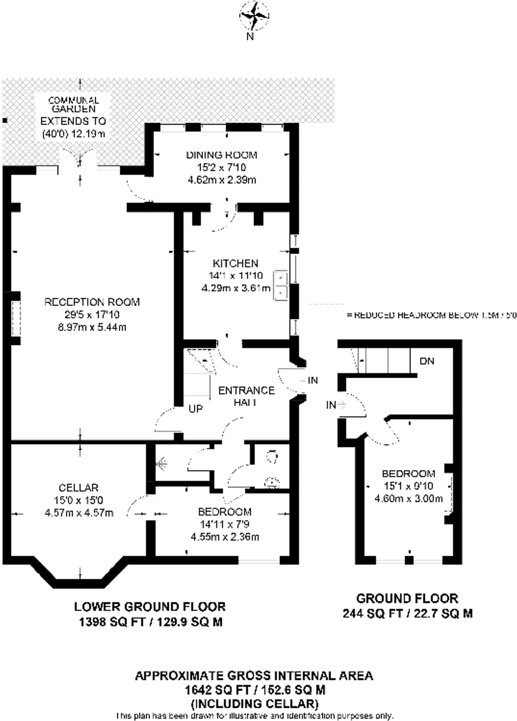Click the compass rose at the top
click(254, 16)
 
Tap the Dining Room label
click(221, 155)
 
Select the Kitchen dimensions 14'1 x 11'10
click(236, 276)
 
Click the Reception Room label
click(92, 302)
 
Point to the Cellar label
click(78, 488)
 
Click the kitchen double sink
click(280, 285)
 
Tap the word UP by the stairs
click(196, 409)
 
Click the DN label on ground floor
click(427, 361)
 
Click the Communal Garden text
click(73, 105)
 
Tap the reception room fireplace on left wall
click(16, 318)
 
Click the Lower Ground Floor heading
click(150, 607)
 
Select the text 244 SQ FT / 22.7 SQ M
click(407, 614)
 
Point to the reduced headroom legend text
click(431, 315)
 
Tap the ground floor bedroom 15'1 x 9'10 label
click(408, 474)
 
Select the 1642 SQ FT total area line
click(254, 690)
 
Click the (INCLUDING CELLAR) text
click(254, 703)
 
